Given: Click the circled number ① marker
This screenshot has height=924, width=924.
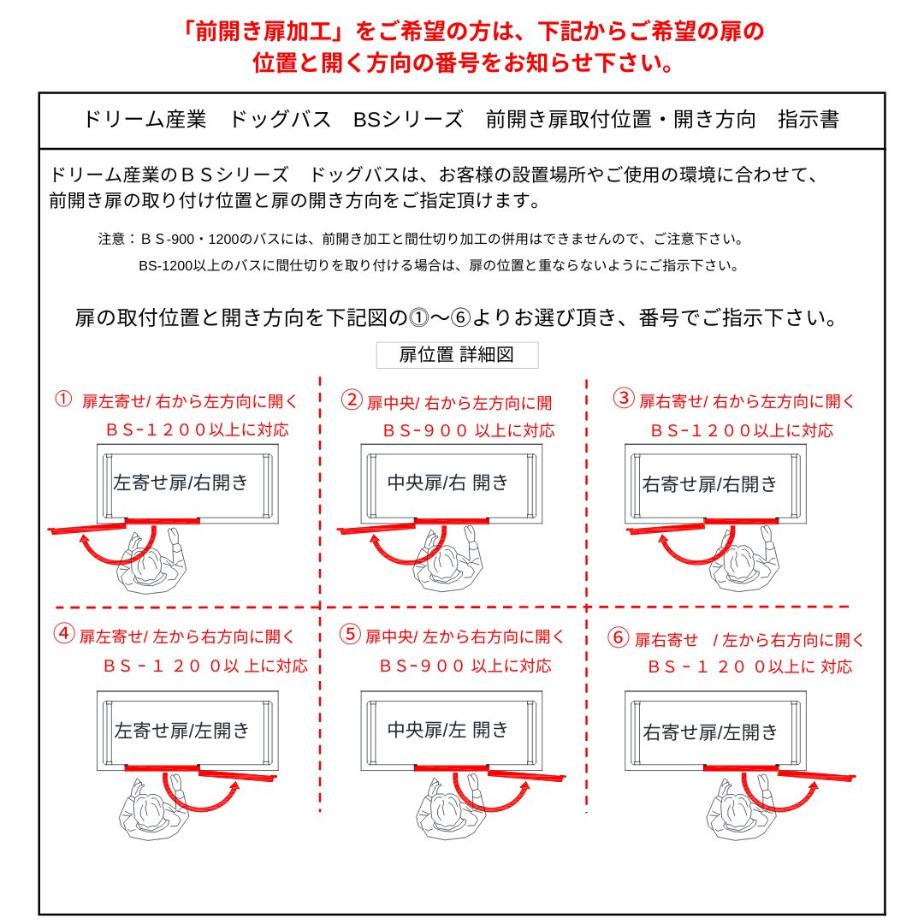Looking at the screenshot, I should (x=63, y=400).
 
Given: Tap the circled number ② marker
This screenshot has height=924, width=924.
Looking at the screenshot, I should (x=352, y=400).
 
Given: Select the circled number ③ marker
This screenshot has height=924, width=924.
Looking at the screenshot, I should (x=624, y=399).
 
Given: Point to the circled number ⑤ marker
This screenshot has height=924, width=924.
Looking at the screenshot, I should (x=350, y=634).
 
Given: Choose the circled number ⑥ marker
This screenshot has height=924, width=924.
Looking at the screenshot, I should (x=618, y=637).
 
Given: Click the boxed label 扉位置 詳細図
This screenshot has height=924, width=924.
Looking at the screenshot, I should (x=457, y=355).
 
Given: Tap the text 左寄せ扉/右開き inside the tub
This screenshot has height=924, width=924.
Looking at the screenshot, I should (x=181, y=482).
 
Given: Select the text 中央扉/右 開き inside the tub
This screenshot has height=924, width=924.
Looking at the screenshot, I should (x=448, y=482).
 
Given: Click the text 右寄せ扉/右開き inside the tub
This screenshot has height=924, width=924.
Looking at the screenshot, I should (x=710, y=484).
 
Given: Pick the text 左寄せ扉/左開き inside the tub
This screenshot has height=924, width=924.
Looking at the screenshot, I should (x=182, y=730).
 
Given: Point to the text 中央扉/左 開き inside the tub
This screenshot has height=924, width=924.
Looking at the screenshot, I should (x=448, y=729).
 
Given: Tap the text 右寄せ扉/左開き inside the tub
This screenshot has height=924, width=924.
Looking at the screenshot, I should (x=711, y=732).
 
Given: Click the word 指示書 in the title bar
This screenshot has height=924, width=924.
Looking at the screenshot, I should (x=808, y=120).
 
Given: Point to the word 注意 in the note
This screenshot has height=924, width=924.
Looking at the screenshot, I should (x=112, y=239).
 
